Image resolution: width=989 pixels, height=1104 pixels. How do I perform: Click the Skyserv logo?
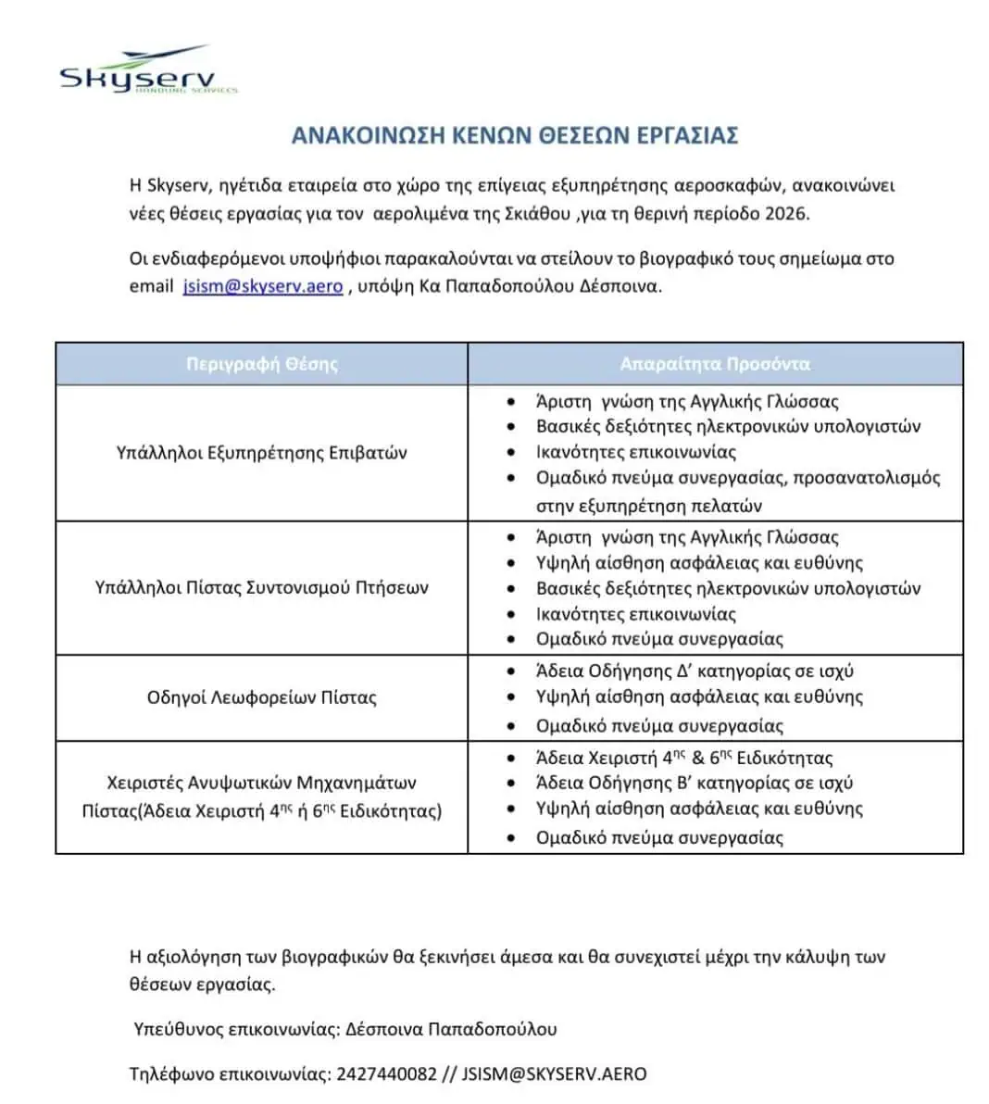tap(148, 70)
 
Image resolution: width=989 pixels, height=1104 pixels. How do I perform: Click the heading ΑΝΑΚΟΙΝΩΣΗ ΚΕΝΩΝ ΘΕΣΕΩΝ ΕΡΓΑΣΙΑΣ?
tap(514, 135)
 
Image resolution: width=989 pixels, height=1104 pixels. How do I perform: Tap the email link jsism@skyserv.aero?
tap(263, 286)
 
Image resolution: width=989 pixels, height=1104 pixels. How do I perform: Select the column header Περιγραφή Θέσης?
tap(262, 364)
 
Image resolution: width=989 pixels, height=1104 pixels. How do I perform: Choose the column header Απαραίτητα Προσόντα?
tap(715, 364)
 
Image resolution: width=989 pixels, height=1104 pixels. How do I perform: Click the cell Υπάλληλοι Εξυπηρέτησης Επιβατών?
tap(262, 453)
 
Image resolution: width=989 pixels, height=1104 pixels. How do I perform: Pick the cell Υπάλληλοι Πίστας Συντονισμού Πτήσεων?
tap(262, 587)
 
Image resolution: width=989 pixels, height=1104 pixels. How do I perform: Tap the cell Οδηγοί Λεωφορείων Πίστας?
tap(262, 697)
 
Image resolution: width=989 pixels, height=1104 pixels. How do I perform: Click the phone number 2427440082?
tap(386, 1074)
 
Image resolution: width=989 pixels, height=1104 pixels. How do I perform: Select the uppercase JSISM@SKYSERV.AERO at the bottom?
tap(554, 1074)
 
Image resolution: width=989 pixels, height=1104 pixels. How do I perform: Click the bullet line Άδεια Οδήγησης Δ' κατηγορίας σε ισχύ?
tap(695, 671)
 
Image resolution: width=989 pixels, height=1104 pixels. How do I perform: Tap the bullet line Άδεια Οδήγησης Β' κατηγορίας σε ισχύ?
tap(695, 783)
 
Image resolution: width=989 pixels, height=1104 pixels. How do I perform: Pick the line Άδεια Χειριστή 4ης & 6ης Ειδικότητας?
tap(684, 758)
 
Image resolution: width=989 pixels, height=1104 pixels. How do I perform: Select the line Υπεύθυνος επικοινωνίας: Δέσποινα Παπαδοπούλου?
tap(345, 1029)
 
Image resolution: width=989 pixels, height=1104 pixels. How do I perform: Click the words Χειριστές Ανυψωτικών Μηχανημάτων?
tap(262, 783)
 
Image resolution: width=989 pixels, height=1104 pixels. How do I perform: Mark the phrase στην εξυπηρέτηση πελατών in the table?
tap(649, 506)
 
